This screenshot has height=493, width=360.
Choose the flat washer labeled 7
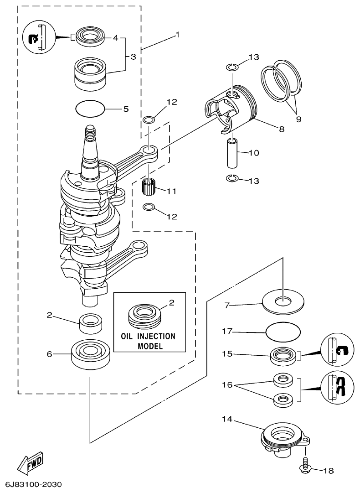(x=283, y=302)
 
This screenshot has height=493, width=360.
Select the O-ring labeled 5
(x=90, y=109)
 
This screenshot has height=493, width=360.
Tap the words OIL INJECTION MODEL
(x=148, y=341)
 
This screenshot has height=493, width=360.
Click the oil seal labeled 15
(x=283, y=355)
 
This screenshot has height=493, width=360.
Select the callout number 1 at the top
(x=178, y=34)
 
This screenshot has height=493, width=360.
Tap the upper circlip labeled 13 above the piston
(x=232, y=67)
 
